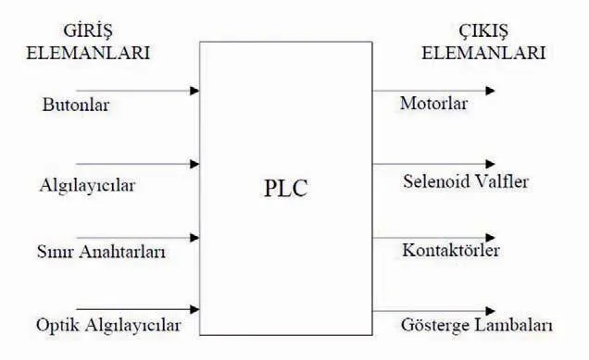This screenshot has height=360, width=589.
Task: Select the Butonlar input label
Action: click(76, 105)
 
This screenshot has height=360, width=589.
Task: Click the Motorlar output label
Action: click(433, 102)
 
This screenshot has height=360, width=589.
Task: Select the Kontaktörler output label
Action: click(451, 251)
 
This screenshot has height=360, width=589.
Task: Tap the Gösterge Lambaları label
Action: click(478, 326)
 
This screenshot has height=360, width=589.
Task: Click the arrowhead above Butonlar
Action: click(194, 91)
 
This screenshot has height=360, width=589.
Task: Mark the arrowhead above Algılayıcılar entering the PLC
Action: click(194, 165)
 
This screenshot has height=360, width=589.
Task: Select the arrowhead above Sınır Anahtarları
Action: click(194, 237)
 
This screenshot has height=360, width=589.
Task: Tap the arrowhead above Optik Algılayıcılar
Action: click(194, 308)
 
